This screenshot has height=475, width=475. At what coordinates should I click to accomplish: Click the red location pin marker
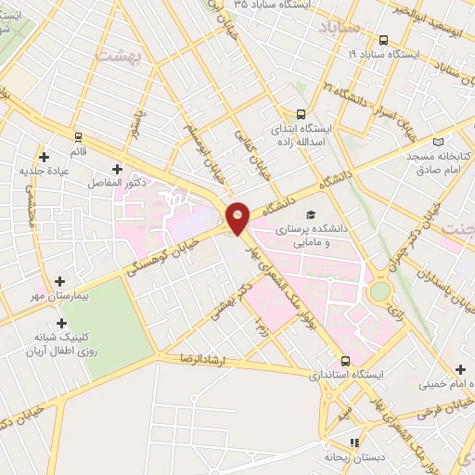(238, 217)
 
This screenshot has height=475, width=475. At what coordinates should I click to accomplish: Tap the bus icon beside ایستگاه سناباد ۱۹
(383, 40)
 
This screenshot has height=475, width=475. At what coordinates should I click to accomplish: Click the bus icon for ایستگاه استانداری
(345, 360)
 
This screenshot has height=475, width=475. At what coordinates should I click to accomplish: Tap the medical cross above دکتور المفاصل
(117, 169)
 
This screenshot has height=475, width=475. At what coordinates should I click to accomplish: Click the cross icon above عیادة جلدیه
(44, 157)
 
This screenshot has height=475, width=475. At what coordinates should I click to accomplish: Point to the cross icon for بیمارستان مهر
(60, 280)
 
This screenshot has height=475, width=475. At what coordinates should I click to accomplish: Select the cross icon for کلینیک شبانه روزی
(62, 324)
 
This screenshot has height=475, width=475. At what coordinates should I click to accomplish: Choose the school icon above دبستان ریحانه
(353, 443)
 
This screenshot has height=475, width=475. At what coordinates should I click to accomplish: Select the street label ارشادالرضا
(190, 358)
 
